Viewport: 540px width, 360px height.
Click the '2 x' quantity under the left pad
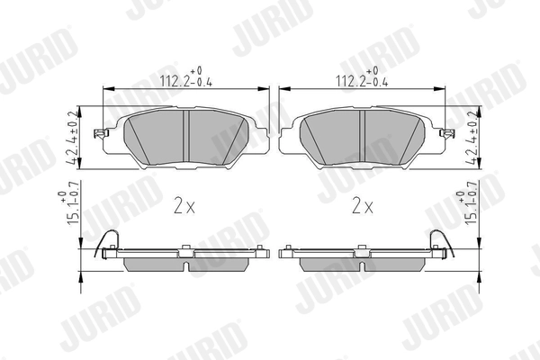184,205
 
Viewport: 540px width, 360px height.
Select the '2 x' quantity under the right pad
363,205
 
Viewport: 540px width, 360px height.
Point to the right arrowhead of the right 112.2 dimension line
443,90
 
